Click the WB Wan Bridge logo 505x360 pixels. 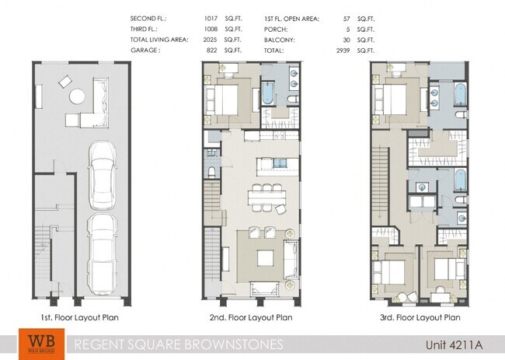pyautogui.click(x=37, y=344)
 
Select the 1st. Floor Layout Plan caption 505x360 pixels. pyautogui.click(x=80, y=317)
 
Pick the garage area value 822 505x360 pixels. pyautogui.click(x=210, y=50)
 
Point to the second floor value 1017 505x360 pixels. pyautogui.click(x=209, y=16)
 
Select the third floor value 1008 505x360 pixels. pyautogui.click(x=209, y=27)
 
